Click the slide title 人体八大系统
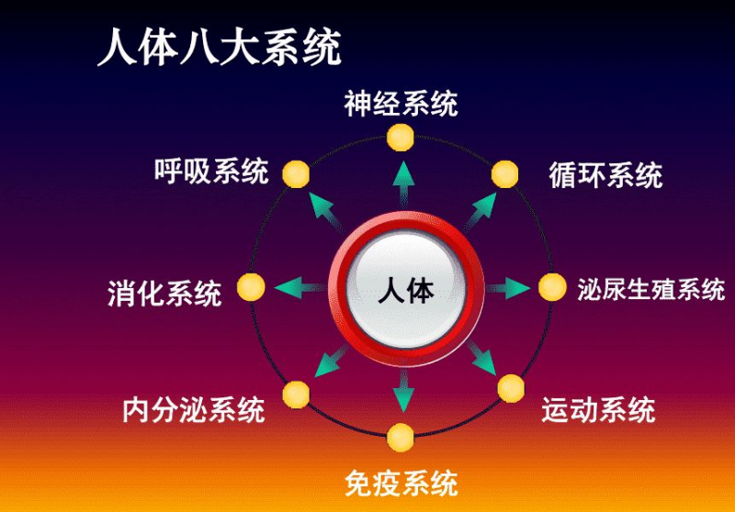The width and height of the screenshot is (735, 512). tap(220, 47)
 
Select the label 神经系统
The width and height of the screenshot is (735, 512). tap(401, 104)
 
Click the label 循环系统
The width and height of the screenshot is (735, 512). tap(605, 174)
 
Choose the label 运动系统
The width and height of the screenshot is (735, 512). tap(598, 409)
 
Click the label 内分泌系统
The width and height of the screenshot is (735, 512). tap(194, 409)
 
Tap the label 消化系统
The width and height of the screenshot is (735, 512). tap(164, 295)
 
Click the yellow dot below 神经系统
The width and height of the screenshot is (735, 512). tap(401, 138)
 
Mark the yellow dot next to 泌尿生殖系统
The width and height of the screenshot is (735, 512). tap(551, 288)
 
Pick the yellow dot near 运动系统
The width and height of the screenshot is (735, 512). tap(511, 388)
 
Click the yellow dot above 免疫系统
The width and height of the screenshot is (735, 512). tap(401, 438)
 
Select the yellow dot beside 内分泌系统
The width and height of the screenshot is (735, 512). tap(296, 394)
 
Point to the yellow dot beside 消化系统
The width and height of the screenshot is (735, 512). tap(251, 288)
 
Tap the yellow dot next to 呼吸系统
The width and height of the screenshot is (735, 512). tap(295, 173)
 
